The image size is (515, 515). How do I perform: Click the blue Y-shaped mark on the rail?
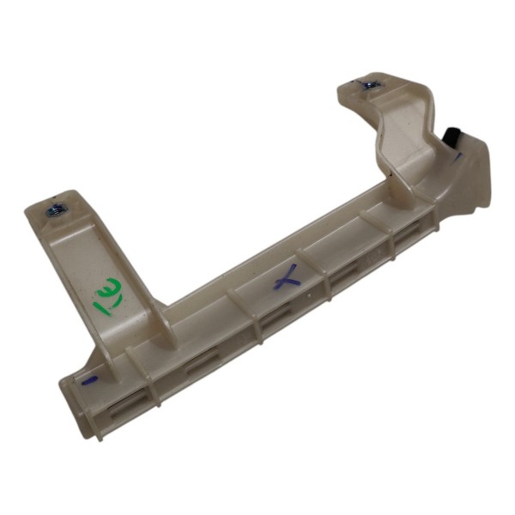[x=287, y=277]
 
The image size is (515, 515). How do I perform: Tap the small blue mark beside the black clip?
[x=460, y=157]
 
